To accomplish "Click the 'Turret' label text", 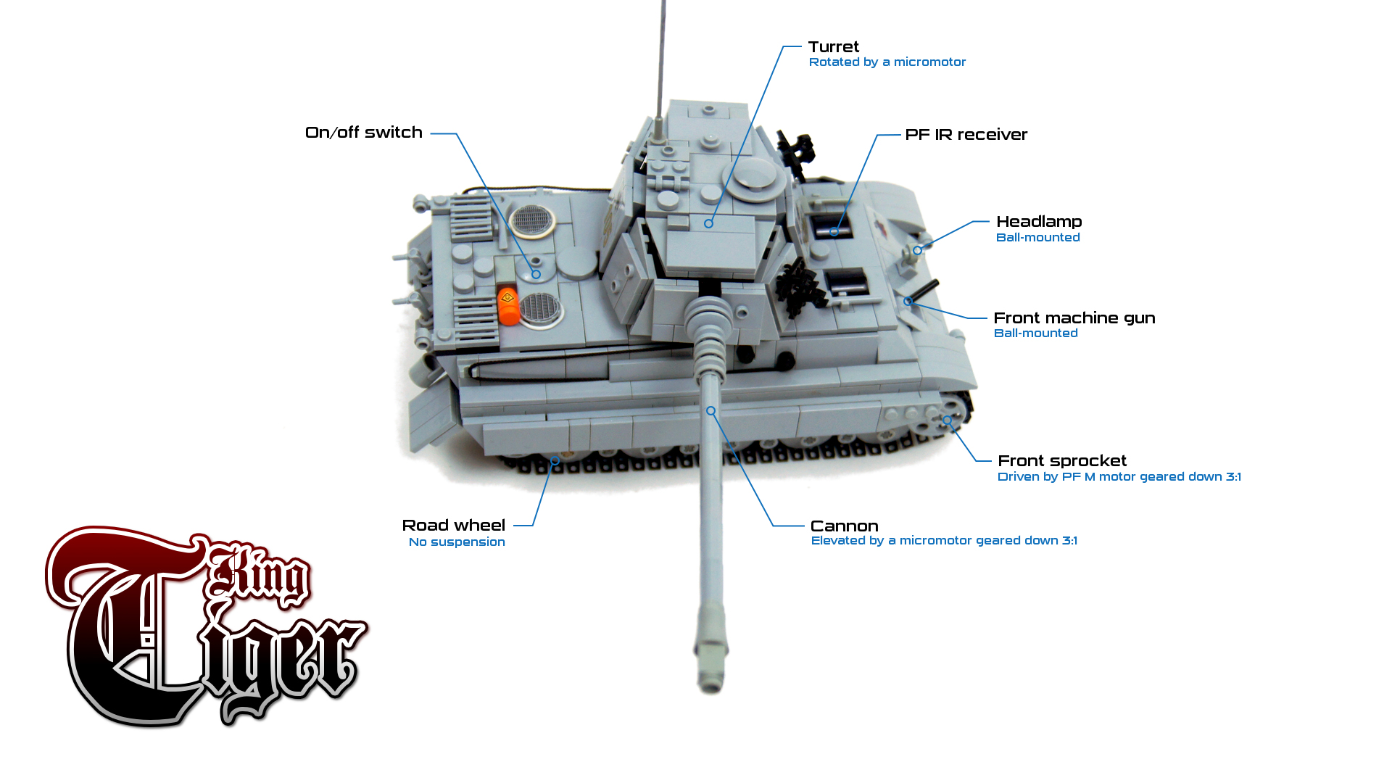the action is point(834,46).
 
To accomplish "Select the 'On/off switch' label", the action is point(364,133).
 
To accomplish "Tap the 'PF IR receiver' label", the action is point(966,135).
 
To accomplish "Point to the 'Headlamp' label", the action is point(1039,222).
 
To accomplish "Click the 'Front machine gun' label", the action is point(1074,318).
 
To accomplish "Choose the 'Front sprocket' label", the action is point(1062,461).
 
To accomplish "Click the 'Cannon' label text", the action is point(845,526).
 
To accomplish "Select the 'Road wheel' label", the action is point(454,526).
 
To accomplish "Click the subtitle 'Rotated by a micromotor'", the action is point(887,62).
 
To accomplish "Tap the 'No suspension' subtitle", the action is point(457,542).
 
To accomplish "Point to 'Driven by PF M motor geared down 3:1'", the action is point(1119,477).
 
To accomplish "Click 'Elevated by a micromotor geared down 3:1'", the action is point(944,541).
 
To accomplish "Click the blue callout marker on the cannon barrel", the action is point(711,411).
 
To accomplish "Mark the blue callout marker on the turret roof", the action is point(709,224).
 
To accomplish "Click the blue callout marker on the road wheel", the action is point(555,461).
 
